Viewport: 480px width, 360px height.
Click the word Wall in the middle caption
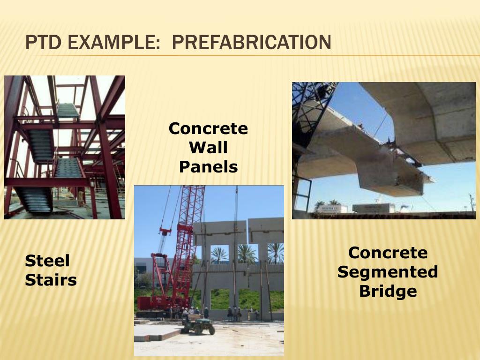[x=208, y=148]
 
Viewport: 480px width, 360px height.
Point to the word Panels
[x=208, y=167]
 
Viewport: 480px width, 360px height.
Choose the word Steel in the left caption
[x=47, y=261]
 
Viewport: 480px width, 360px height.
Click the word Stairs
[x=51, y=280]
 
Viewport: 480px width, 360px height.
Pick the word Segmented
[x=388, y=272]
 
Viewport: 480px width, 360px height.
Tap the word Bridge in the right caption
[x=388, y=291]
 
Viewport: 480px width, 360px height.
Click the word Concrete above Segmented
[x=388, y=253]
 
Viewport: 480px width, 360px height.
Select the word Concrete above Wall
[x=208, y=128]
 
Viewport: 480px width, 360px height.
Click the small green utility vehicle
[x=198, y=324]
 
